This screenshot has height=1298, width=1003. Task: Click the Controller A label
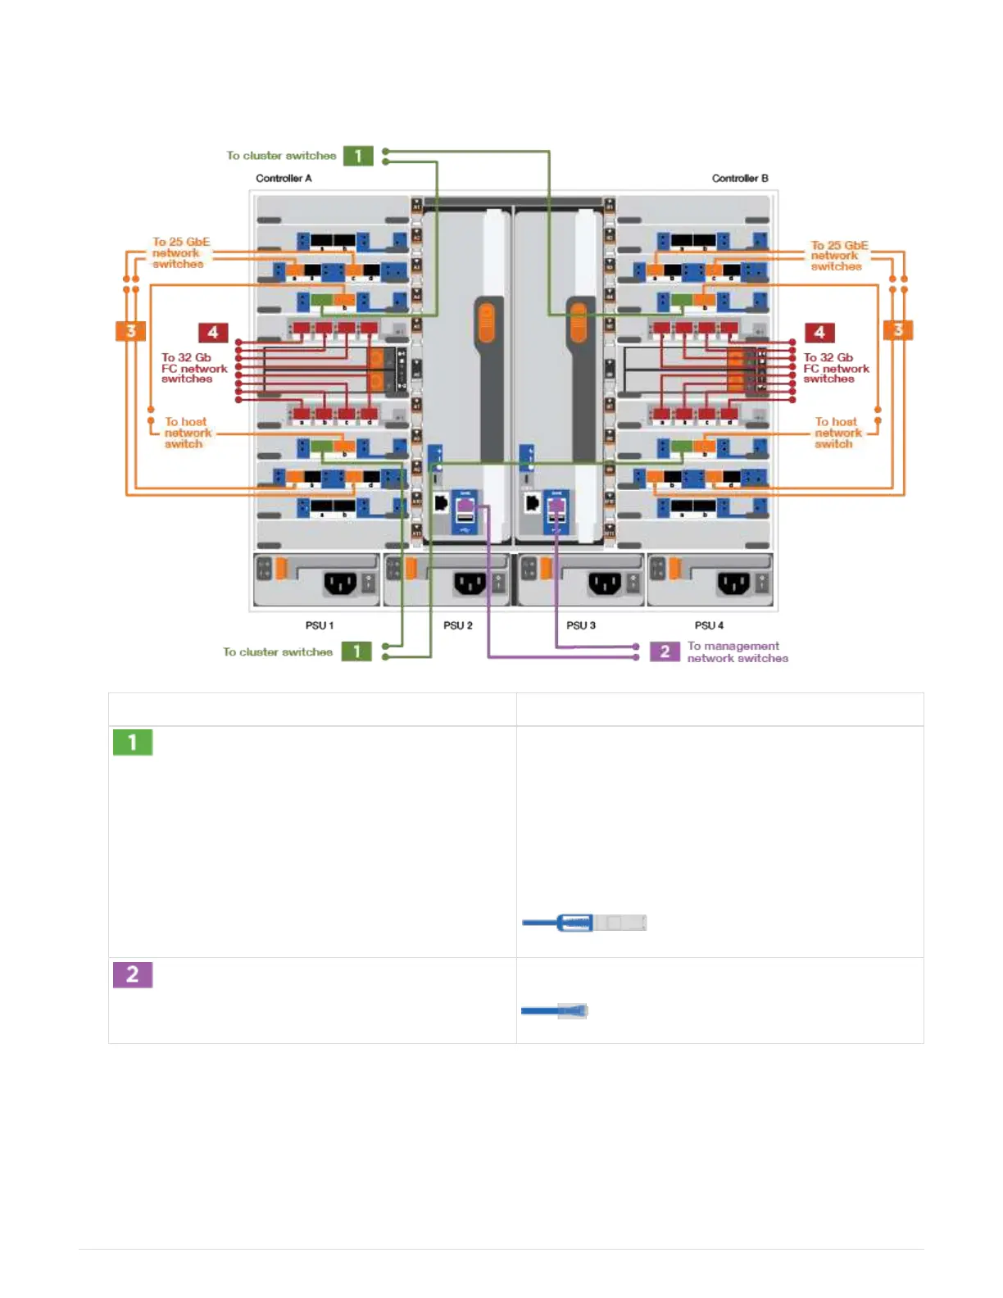(x=284, y=178)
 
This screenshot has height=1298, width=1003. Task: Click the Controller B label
(x=739, y=178)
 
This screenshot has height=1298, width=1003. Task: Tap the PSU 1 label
(x=319, y=625)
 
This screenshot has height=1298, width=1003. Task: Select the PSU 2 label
(x=457, y=625)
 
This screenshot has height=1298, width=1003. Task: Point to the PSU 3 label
(x=580, y=625)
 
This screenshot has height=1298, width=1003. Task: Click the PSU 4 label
(x=709, y=625)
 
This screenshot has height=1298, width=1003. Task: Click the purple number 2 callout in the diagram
(x=665, y=651)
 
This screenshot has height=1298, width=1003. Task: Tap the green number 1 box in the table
(x=133, y=742)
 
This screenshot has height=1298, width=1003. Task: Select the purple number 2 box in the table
(x=133, y=974)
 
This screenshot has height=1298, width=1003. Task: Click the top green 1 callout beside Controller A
(x=358, y=156)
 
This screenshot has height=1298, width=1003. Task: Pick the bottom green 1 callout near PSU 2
(x=356, y=651)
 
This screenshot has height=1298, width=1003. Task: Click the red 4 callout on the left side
(x=213, y=332)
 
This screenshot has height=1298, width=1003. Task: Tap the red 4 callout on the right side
(x=819, y=332)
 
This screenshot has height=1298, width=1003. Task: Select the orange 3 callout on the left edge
(x=130, y=331)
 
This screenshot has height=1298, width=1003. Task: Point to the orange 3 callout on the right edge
(x=897, y=329)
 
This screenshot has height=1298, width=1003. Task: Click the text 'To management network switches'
(x=737, y=651)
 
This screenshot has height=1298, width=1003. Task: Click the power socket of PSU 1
(x=340, y=583)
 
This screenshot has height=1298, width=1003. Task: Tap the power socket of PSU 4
(x=733, y=583)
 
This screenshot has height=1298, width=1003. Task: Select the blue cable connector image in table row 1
(x=584, y=923)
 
